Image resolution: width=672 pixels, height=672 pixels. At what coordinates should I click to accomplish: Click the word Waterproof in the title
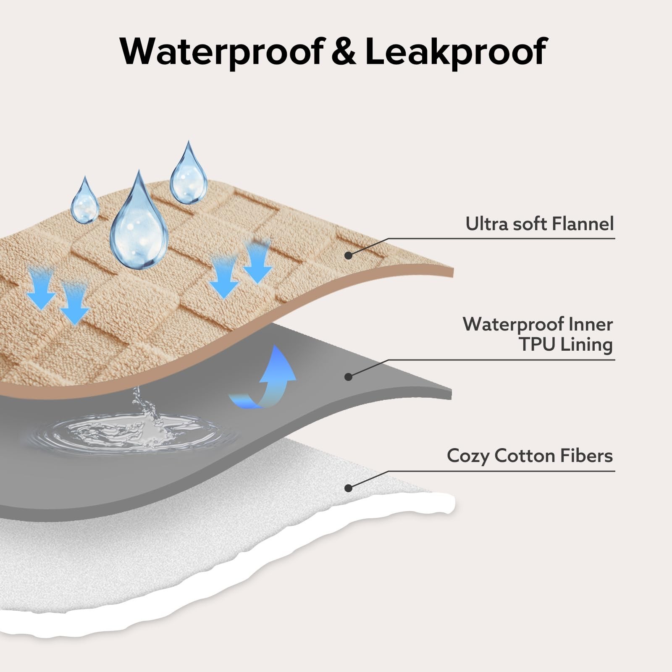pyautogui.click(x=221, y=52)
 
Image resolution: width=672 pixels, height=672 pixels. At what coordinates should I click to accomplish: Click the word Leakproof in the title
pyautogui.click(x=456, y=52)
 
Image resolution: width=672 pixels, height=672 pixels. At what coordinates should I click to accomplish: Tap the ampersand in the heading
pyautogui.click(x=344, y=52)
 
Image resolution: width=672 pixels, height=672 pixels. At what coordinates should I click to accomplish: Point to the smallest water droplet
pyautogui.click(x=85, y=200)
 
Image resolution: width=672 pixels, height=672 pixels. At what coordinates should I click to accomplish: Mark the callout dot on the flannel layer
pyautogui.click(x=348, y=255)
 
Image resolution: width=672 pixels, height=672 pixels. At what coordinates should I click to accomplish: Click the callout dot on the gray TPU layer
pyautogui.click(x=348, y=377)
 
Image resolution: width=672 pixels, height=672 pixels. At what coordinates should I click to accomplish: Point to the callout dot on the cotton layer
pyautogui.click(x=348, y=488)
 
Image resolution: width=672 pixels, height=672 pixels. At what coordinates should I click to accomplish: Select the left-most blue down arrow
pyautogui.click(x=41, y=288)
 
